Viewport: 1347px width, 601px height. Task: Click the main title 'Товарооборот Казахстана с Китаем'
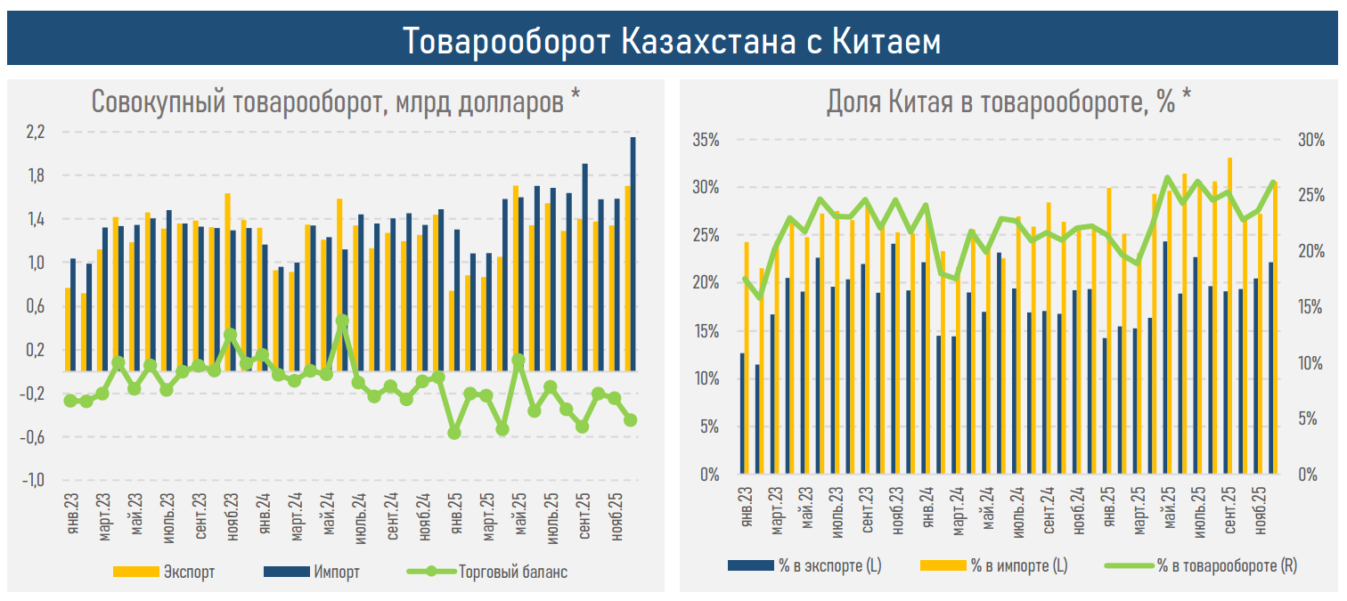click(672, 41)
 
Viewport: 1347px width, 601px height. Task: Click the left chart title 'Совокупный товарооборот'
click(336, 102)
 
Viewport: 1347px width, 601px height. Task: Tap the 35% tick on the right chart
click(705, 140)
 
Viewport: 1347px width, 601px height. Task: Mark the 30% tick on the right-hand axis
click(1311, 140)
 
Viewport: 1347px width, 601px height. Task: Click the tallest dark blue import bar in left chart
click(633, 254)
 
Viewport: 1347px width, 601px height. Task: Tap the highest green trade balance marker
click(342, 321)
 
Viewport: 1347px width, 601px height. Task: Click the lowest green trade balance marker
click(454, 433)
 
